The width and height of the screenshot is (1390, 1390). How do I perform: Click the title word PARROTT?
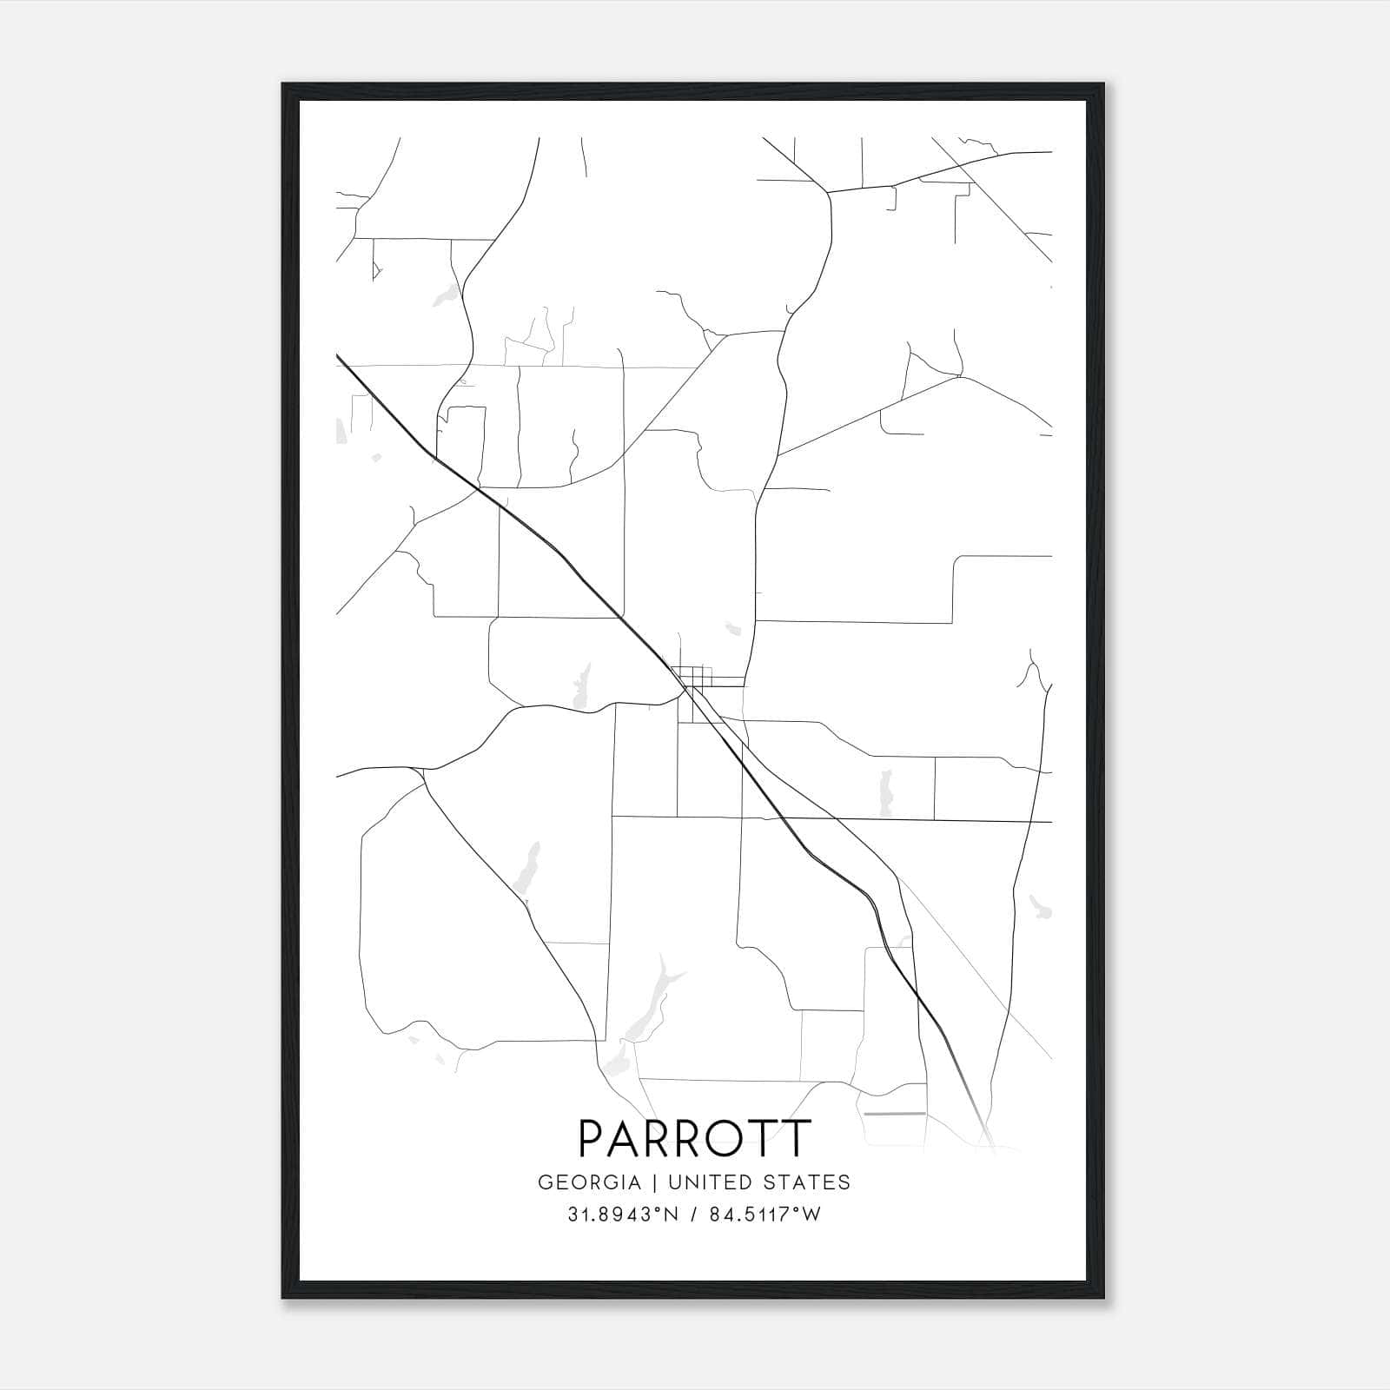pyautogui.click(x=694, y=1139)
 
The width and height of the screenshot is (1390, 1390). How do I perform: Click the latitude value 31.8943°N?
pyautogui.click(x=623, y=1215)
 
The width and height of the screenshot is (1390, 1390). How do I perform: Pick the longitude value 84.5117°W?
pyautogui.click(x=764, y=1215)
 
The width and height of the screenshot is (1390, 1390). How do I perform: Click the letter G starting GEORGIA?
pyautogui.click(x=546, y=1182)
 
